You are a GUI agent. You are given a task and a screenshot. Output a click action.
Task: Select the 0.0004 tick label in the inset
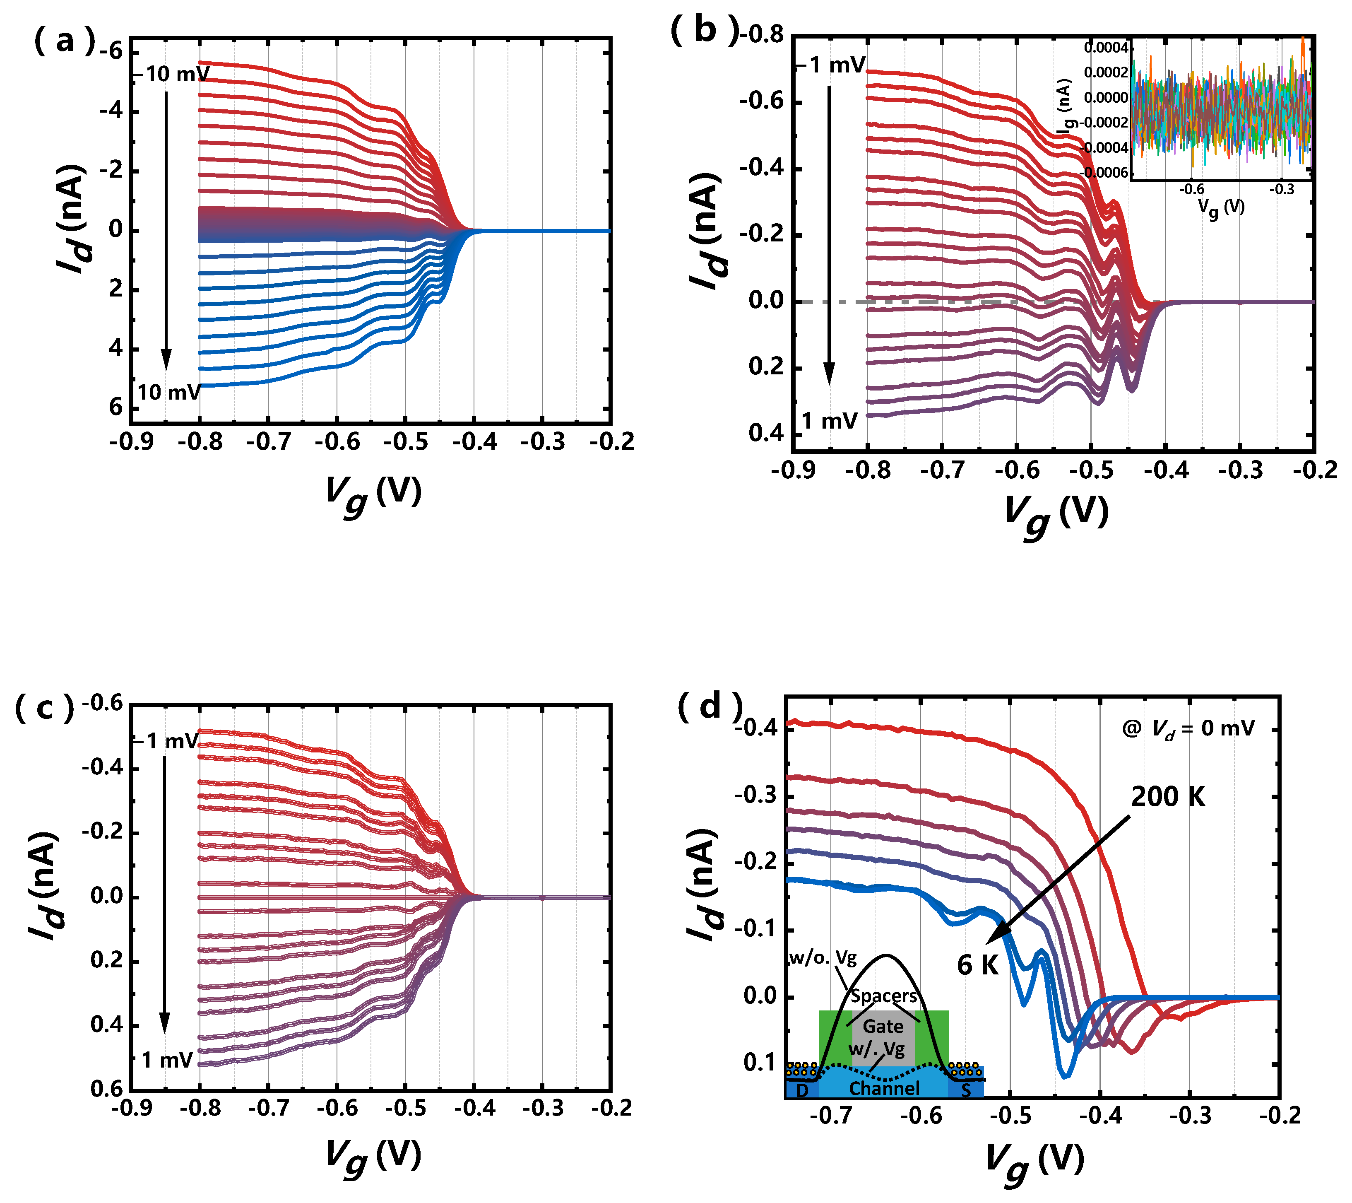[1106, 48]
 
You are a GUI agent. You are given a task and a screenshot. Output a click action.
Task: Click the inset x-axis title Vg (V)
[1221, 207]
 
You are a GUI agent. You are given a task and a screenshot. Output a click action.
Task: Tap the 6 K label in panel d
[978, 965]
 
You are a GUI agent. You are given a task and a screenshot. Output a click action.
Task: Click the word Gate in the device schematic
[883, 1026]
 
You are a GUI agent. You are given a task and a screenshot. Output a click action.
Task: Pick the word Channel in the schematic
[884, 1089]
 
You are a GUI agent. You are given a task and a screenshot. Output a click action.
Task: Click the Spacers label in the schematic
[884, 996]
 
